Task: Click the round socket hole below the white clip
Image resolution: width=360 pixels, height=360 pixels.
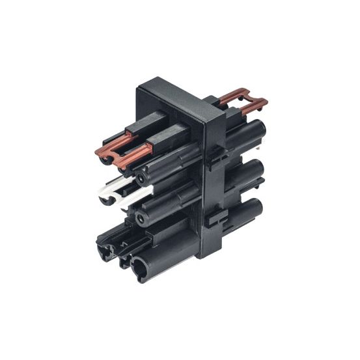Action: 143,217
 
